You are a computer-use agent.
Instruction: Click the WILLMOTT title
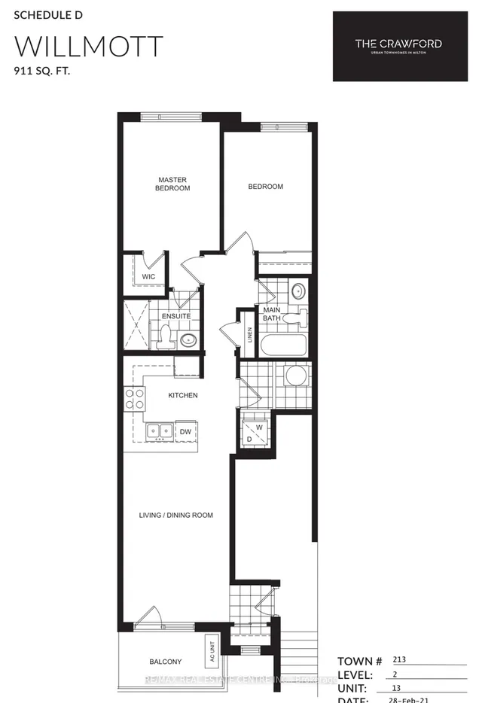click(88, 47)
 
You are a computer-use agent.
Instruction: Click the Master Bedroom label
click(172, 184)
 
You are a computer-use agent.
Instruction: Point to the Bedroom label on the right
click(266, 186)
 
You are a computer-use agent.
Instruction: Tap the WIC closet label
click(149, 277)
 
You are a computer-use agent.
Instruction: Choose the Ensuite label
click(175, 316)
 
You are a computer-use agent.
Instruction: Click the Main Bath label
click(272, 315)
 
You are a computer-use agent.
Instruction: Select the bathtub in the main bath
click(283, 346)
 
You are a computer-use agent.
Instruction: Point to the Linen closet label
click(249, 336)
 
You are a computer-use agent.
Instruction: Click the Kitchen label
click(183, 395)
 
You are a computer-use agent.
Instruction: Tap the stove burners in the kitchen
click(134, 398)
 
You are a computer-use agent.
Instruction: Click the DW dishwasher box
click(185, 431)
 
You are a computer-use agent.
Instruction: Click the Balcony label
click(165, 662)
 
